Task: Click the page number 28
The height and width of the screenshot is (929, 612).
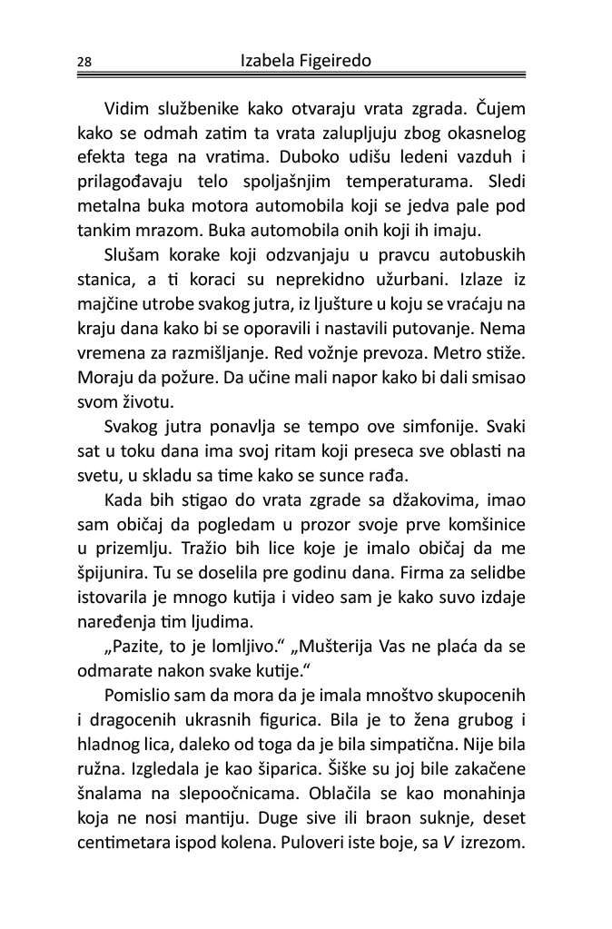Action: pyautogui.click(x=84, y=63)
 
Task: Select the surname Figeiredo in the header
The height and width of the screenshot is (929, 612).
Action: pyautogui.click(x=339, y=61)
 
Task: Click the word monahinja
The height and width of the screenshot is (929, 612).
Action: pyautogui.click(x=479, y=781)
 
